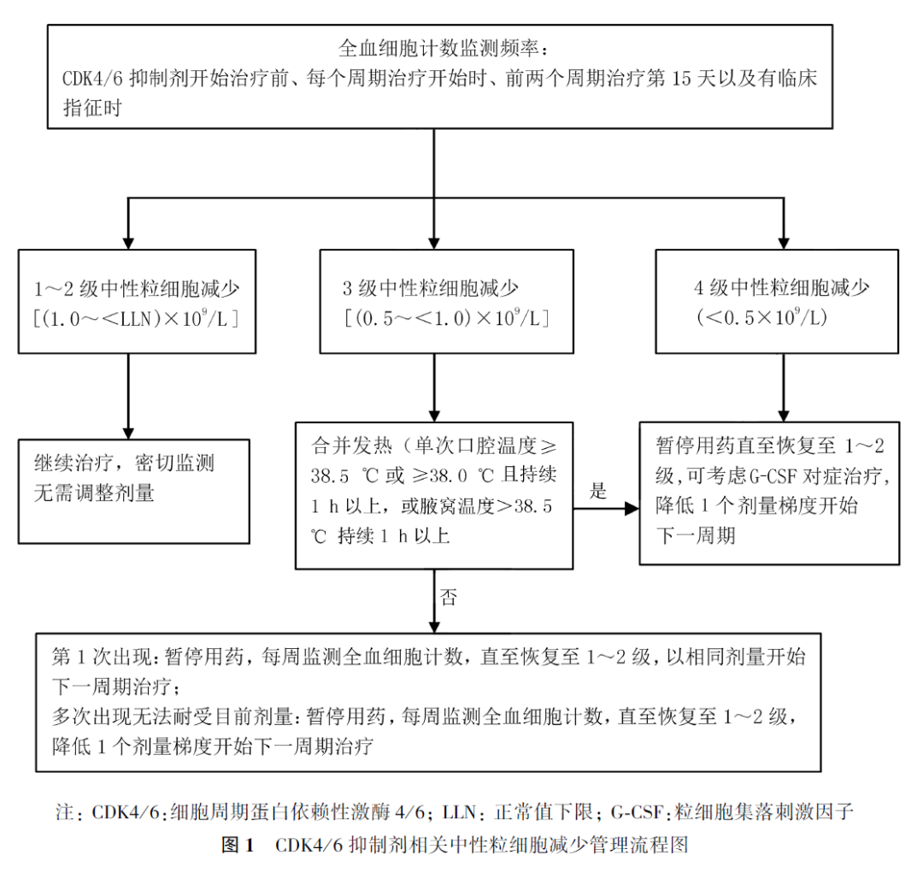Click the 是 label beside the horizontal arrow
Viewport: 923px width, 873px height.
point(598,491)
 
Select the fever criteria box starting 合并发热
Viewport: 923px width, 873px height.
point(434,494)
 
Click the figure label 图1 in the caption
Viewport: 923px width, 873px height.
point(238,846)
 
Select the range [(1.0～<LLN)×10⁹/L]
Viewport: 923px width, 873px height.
point(135,319)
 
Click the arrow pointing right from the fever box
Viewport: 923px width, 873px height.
point(607,508)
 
